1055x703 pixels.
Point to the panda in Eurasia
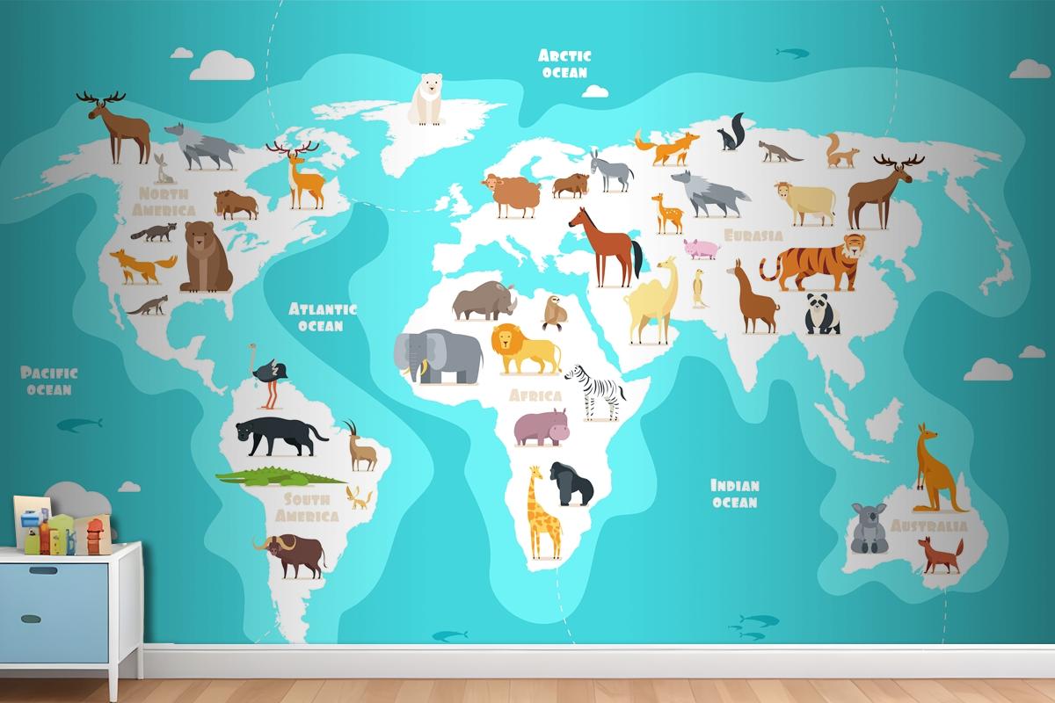click(x=822, y=315)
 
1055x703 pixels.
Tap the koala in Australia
click(x=867, y=527)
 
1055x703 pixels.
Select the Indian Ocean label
click(x=734, y=493)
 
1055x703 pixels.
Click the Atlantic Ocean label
click(x=322, y=316)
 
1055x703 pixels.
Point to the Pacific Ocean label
click(x=49, y=380)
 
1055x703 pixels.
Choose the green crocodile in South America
click(x=280, y=477)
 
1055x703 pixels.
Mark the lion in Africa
click(x=525, y=348)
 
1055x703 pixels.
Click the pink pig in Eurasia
click(x=701, y=249)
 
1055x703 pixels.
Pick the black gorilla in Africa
click(x=571, y=483)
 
